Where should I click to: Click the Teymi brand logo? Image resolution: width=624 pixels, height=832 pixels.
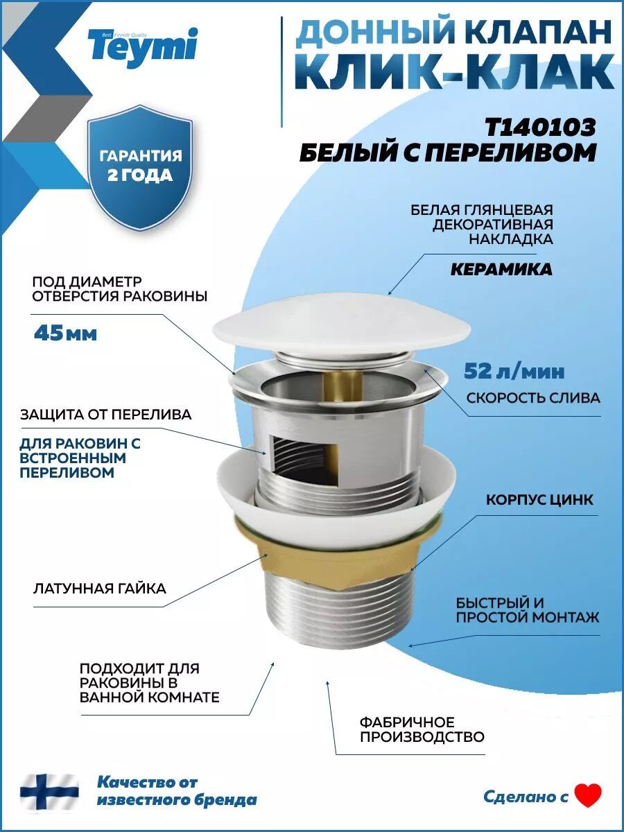[x=142, y=46]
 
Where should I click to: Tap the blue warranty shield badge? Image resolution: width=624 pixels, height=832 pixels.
[x=140, y=167]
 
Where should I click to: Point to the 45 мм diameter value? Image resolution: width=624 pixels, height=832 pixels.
[x=65, y=333]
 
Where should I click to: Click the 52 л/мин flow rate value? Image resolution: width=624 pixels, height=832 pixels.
[x=514, y=372]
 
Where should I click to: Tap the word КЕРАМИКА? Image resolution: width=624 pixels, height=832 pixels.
[x=501, y=270]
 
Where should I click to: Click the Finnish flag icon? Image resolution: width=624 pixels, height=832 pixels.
[x=49, y=790]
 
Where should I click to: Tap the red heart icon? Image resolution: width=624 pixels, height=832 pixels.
[x=588, y=795]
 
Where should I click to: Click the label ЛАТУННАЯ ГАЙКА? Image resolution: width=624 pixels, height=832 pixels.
[x=99, y=589]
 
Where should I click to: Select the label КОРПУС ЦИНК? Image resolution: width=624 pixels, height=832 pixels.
[x=539, y=500]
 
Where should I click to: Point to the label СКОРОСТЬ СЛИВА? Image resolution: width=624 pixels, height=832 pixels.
[x=533, y=398]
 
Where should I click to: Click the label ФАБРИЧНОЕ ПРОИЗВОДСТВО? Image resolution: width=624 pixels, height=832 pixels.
[x=422, y=729]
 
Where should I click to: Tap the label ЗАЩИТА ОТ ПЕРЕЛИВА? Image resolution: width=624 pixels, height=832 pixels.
[x=105, y=415]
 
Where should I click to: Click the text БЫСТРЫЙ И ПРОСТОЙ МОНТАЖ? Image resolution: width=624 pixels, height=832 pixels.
[x=527, y=609]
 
